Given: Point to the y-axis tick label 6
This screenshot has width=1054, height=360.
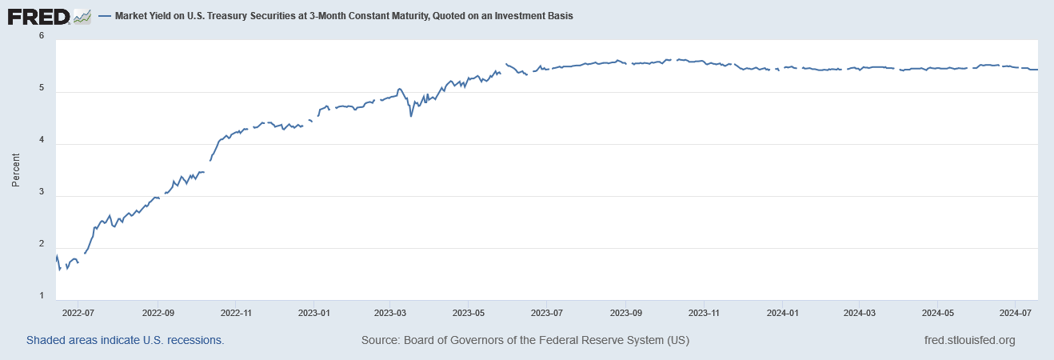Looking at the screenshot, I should point(41,37).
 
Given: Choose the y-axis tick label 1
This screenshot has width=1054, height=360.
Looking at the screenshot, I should point(41,297).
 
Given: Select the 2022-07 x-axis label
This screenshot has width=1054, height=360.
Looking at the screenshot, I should point(79,313).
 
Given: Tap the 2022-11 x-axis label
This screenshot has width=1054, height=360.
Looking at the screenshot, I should point(236,313).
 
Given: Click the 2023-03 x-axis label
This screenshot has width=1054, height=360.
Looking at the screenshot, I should point(392,313).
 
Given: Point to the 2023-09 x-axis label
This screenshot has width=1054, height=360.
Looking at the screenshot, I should point(627,313).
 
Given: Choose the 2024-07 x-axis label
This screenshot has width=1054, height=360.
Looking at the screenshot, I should point(1014,313).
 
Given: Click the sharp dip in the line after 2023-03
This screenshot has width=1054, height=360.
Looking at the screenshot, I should point(411,116).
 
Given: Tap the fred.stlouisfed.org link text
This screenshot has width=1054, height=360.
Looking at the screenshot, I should point(968,340).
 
